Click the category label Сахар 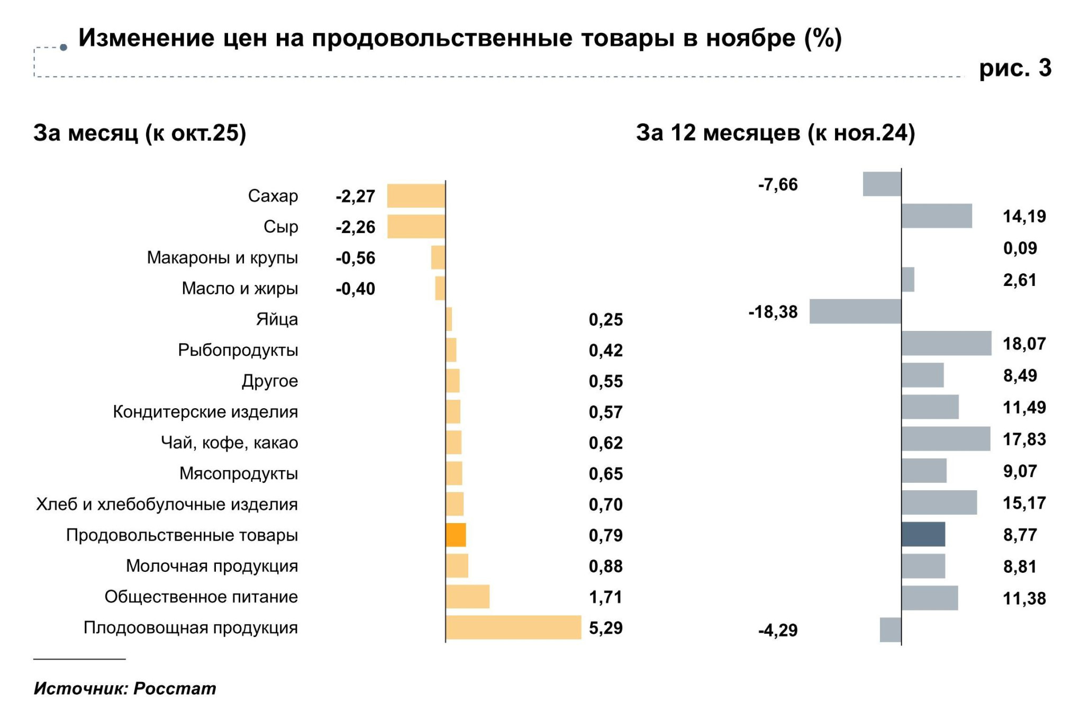click(x=273, y=196)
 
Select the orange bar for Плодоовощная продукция click(x=513, y=627)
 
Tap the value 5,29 click(x=605, y=628)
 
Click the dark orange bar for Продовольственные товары click(x=456, y=535)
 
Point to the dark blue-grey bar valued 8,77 click(x=923, y=534)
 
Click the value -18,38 click(x=773, y=312)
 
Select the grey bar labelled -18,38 click(x=855, y=311)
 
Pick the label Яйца click(x=277, y=319)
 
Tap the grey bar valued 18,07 click(x=946, y=343)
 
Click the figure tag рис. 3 click(x=1015, y=68)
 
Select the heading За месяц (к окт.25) click(x=140, y=133)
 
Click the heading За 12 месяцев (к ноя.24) click(x=775, y=133)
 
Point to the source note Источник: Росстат click(x=125, y=688)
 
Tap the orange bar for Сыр click(x=416, y=227)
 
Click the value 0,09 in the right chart click(x=1020, y=248)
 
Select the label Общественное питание click(x=201, y=597)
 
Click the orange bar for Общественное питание click(x=467, y=597)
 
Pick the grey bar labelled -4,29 click(x=890, y=630)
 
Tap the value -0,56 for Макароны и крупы click(x=355, y=258)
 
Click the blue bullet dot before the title click(x=63, y=48)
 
